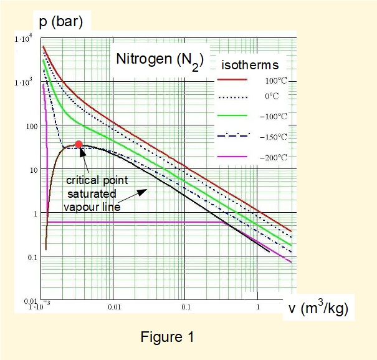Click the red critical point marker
click(79, 144)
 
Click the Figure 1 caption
click(168, 338)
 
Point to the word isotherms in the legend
click(250, 64)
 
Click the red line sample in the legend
click(231, 80)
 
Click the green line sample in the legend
click(231, 115)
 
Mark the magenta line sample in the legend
click(231, 157)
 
